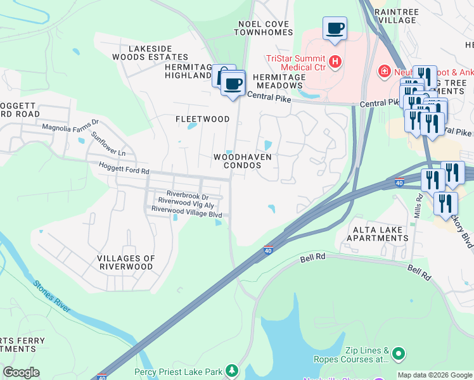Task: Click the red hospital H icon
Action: (x=336, y=62)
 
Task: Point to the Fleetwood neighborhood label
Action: (x=202, y=119)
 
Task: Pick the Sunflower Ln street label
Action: (x=108, y=144)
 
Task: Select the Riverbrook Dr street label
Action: (x=187, y=194)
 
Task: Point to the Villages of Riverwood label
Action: (x=125, y=262)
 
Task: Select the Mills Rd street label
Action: (x=418, y=207)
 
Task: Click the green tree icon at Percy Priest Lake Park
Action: (x=233, y=370)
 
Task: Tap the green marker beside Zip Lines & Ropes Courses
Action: (x=398, y=353)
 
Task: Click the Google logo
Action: (x=21, y=372)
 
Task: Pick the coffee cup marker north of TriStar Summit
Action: (x=335, y=28)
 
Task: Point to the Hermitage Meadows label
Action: (x=279, y=81)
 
